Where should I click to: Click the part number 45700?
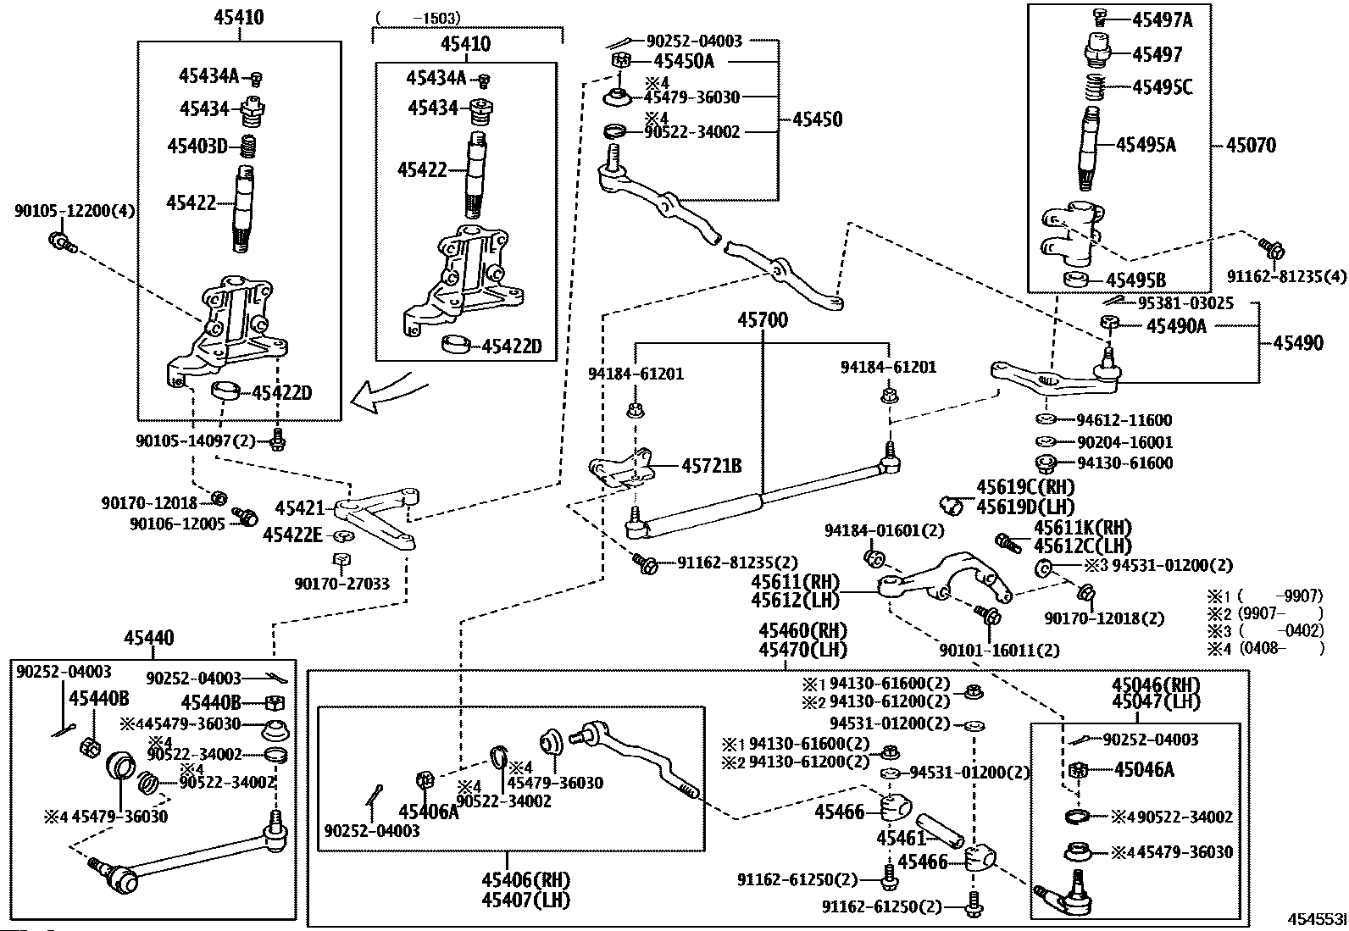(762, 321)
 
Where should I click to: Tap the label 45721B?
(712, 466)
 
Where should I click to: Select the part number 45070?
(1251, 146)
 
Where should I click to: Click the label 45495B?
(1136, 280)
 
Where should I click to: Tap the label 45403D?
(197, 147)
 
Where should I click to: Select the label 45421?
(299, 508)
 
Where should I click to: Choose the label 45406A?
(428, 812)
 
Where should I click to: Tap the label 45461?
(901, 838)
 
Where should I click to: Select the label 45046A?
(1145, 770)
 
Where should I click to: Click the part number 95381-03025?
(1185, 303)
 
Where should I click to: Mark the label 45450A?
(684, 61)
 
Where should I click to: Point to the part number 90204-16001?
(1124, 442)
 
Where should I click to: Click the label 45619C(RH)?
(1025, 487)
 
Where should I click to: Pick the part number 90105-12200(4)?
(75, 210)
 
